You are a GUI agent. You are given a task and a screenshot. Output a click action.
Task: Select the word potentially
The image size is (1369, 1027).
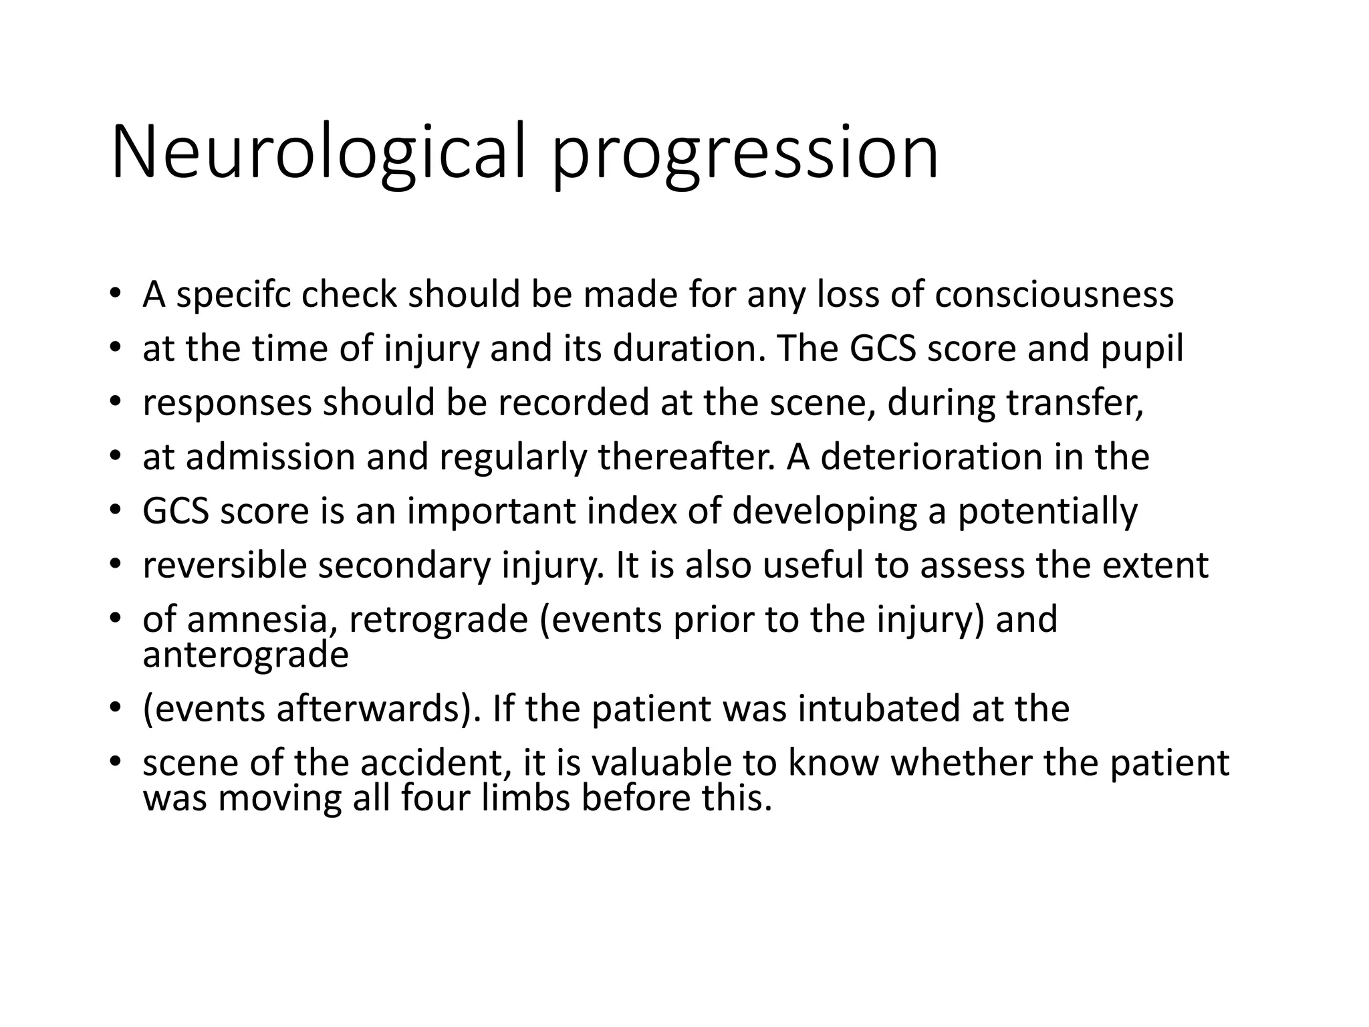coord(1047,511)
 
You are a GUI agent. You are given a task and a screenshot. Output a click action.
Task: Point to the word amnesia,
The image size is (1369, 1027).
coord(261,620)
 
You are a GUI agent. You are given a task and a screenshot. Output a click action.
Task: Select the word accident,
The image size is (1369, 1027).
coord(437,763)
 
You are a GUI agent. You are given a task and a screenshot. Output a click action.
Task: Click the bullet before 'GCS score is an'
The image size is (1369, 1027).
coord(115,511)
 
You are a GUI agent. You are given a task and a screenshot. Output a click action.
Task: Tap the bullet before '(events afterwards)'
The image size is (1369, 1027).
coord(115,709)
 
